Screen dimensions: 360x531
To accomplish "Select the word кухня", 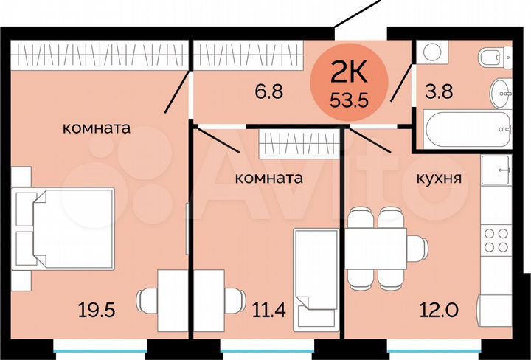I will [x=439, y=178].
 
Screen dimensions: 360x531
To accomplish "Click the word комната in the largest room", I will [x=97, y=128].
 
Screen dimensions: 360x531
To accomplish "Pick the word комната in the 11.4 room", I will [x=269, y=178].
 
